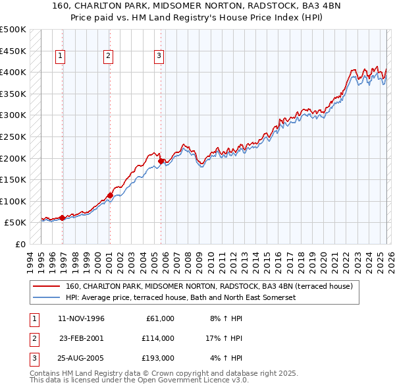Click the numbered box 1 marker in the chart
coord(60,57)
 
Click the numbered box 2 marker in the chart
coord(107,57)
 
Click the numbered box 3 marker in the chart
coord(159,57)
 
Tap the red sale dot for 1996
coord(63,218)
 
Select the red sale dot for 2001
coord(110,195)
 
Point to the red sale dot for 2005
coord(161,160)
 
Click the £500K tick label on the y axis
coord(13,30)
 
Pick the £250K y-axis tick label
coord(13,137)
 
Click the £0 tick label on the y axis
coord(20,245)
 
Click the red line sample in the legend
coord(47,287)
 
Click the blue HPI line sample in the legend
coord(47,298)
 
